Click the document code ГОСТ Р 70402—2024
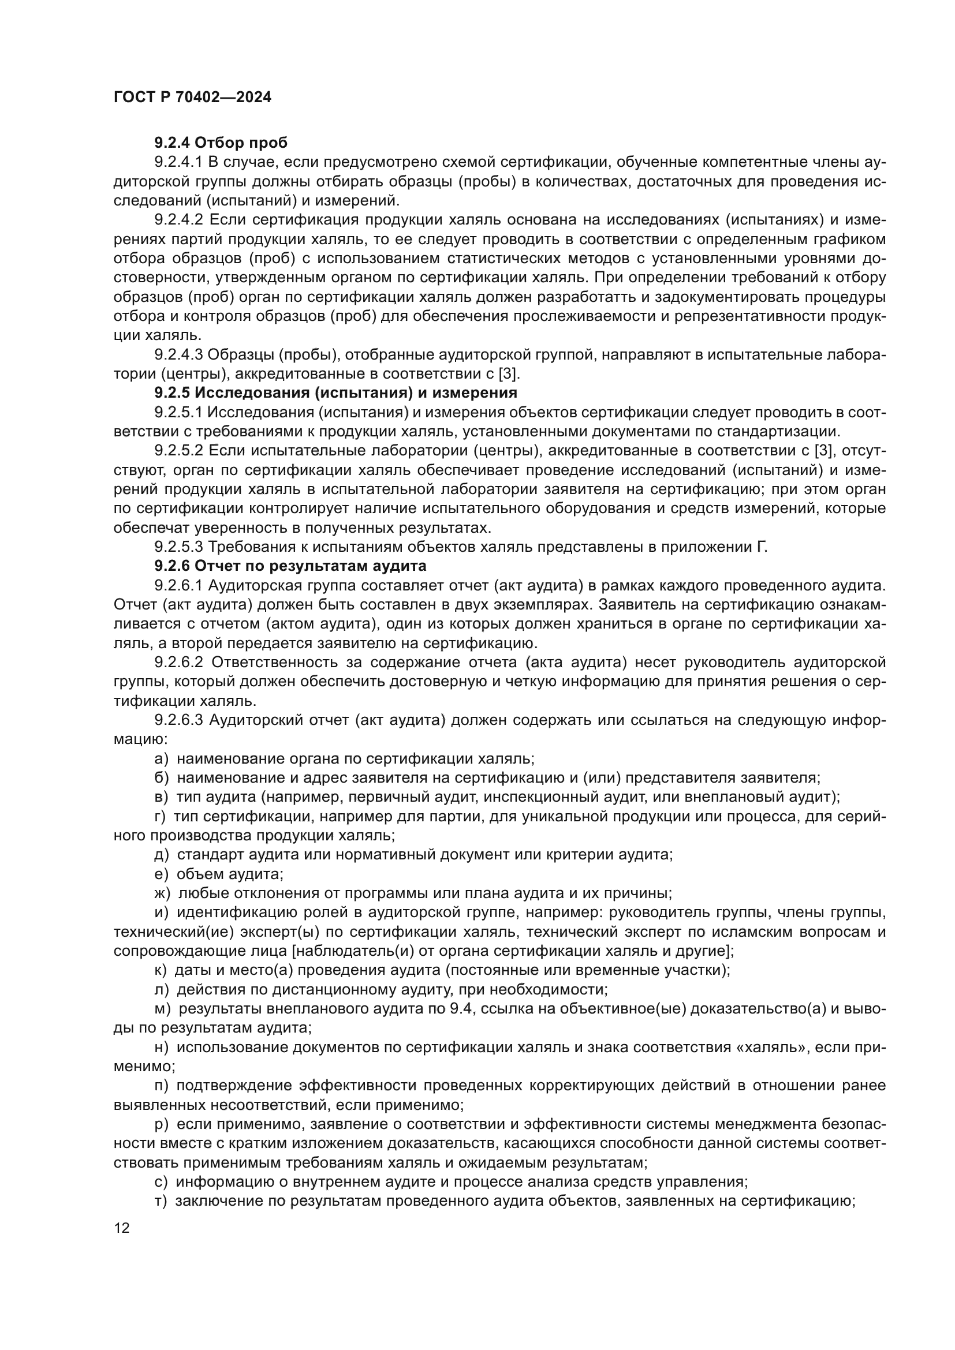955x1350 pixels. [x=192, y=98]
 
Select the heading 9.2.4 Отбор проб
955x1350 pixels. [x=221, y=143]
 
